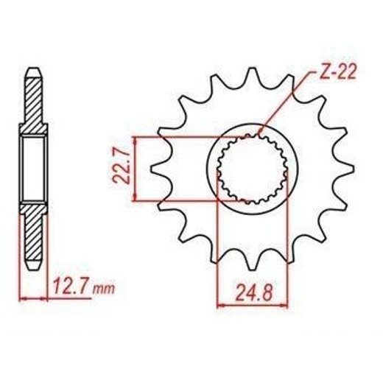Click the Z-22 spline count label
(338, 73)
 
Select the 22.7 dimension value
(122, 166)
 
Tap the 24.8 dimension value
(254, 293)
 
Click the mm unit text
(104, 289)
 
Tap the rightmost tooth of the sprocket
(346, 168)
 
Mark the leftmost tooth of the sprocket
(159, 169)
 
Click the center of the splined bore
(253, 169)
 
